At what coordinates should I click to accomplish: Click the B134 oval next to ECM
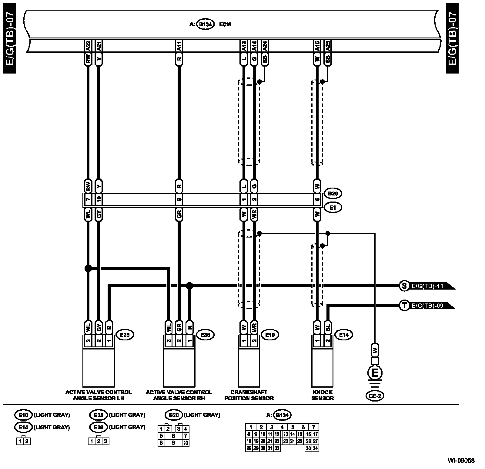click(x=206, y=24)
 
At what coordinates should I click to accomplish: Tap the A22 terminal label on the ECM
click(x=88, y=46)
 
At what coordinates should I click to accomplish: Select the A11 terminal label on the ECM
click(x=179, y=46)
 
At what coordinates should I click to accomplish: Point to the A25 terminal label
click(x=328, y=46)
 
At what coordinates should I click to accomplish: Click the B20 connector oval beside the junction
click(x=333, y=193)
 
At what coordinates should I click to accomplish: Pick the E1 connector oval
click(x=333, y=208)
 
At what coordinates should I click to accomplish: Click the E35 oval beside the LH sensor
click(x=125, y=335)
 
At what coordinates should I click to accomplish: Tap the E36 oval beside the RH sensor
click(x=205, y=335)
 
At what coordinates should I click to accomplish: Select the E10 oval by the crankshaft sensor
click(x=270, y=335)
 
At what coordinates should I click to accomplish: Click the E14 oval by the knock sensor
click(x=344, y=335)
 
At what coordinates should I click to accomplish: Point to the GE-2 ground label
click(x=375, y=395)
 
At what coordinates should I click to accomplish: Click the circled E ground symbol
click(x=375, y=373)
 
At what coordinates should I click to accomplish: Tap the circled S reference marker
click(x=404, y=286)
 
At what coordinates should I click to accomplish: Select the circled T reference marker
click(x=404, y=306)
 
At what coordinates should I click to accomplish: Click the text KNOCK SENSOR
click(x=323, y=395)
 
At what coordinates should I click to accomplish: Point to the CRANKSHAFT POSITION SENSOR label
click(x=249, y=395)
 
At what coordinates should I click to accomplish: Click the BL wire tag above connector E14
click(x=328, y=327)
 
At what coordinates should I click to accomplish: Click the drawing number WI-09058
click(x=461, y=461)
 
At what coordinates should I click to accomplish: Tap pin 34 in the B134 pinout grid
click(x=315, y=448)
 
